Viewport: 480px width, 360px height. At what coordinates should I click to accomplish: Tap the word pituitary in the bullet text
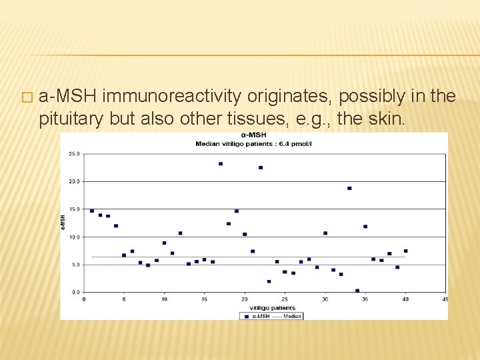pyautogui.click(x=68, y=119)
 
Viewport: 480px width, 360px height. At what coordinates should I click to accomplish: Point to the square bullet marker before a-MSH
pyautogui.click(x=26, y=98)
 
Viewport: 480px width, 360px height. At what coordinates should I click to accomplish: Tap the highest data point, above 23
pyautogui.click(x=221, y=163)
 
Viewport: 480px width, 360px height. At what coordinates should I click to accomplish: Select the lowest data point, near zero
pyautogui.click(x=357, y=291)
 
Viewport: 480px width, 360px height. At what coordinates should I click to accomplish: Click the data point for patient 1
pyautogui.click(x=92, y=211)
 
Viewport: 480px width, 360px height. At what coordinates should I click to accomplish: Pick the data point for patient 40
pyautogui.click(x=405, y=251)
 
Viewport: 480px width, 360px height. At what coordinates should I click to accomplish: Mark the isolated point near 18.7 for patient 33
pyautogui.click(x=349, y=188)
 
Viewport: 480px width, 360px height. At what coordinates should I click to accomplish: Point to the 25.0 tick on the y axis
pyautogui.click(x=75, y=154)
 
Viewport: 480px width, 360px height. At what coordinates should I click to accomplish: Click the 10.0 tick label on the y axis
pyautogui.click(x=75, y=237)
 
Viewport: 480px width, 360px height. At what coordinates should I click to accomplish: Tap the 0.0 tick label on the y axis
pyautogui.click(x=76, y=292)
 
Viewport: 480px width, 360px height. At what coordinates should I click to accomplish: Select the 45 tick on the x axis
pyautogui.click(x=445, y=299)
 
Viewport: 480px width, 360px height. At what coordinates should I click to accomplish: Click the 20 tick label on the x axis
pyautogui.click(x=245, y=299)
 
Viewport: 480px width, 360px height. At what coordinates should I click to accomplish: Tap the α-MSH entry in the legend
pyautogui.click(x=256, y=316)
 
